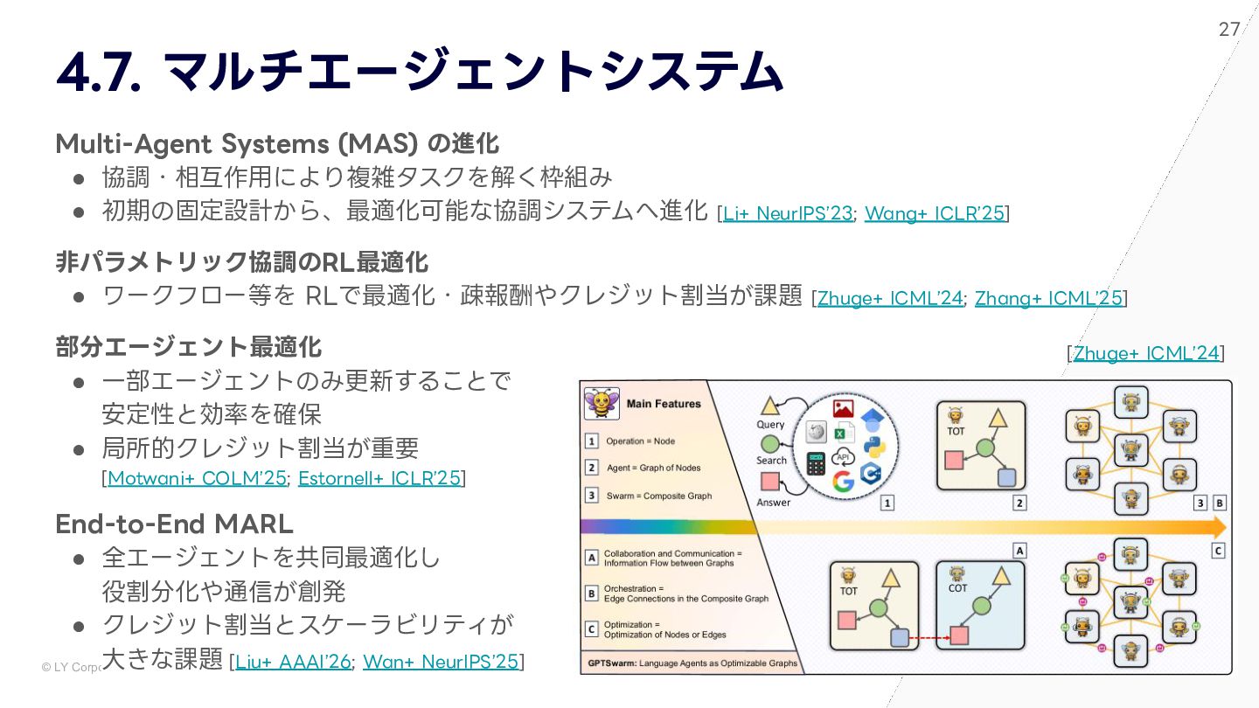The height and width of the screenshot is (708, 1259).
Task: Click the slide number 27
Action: coord(1229,29)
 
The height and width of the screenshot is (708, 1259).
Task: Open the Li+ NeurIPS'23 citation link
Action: coord(787,212)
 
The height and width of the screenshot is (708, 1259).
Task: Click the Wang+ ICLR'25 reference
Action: coord(934,212)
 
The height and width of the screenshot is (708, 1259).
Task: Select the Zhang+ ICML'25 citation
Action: coord(1048,298)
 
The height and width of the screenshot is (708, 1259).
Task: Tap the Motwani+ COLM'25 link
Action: coord(197,478)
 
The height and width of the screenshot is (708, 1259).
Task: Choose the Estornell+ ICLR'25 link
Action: coord(379,478)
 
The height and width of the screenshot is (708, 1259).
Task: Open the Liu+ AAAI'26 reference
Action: coord(293,662)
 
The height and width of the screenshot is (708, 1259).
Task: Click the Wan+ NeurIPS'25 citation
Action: coord(441,662)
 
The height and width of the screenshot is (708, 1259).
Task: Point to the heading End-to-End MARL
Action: coord(174,524)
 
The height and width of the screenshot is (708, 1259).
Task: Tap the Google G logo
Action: coord(843,481)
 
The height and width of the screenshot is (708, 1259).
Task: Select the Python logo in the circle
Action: coord(874,445)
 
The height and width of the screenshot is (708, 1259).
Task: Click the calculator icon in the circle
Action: coord(816,463)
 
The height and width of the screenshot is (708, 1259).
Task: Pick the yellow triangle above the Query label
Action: coord(769,406)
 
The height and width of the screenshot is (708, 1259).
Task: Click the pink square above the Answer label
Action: coord(769,481)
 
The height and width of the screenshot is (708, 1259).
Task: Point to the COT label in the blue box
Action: coord(957,588)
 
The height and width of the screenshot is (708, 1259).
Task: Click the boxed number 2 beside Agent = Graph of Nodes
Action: coord(592,469)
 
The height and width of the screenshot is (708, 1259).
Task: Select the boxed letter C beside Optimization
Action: coord(592,628)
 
